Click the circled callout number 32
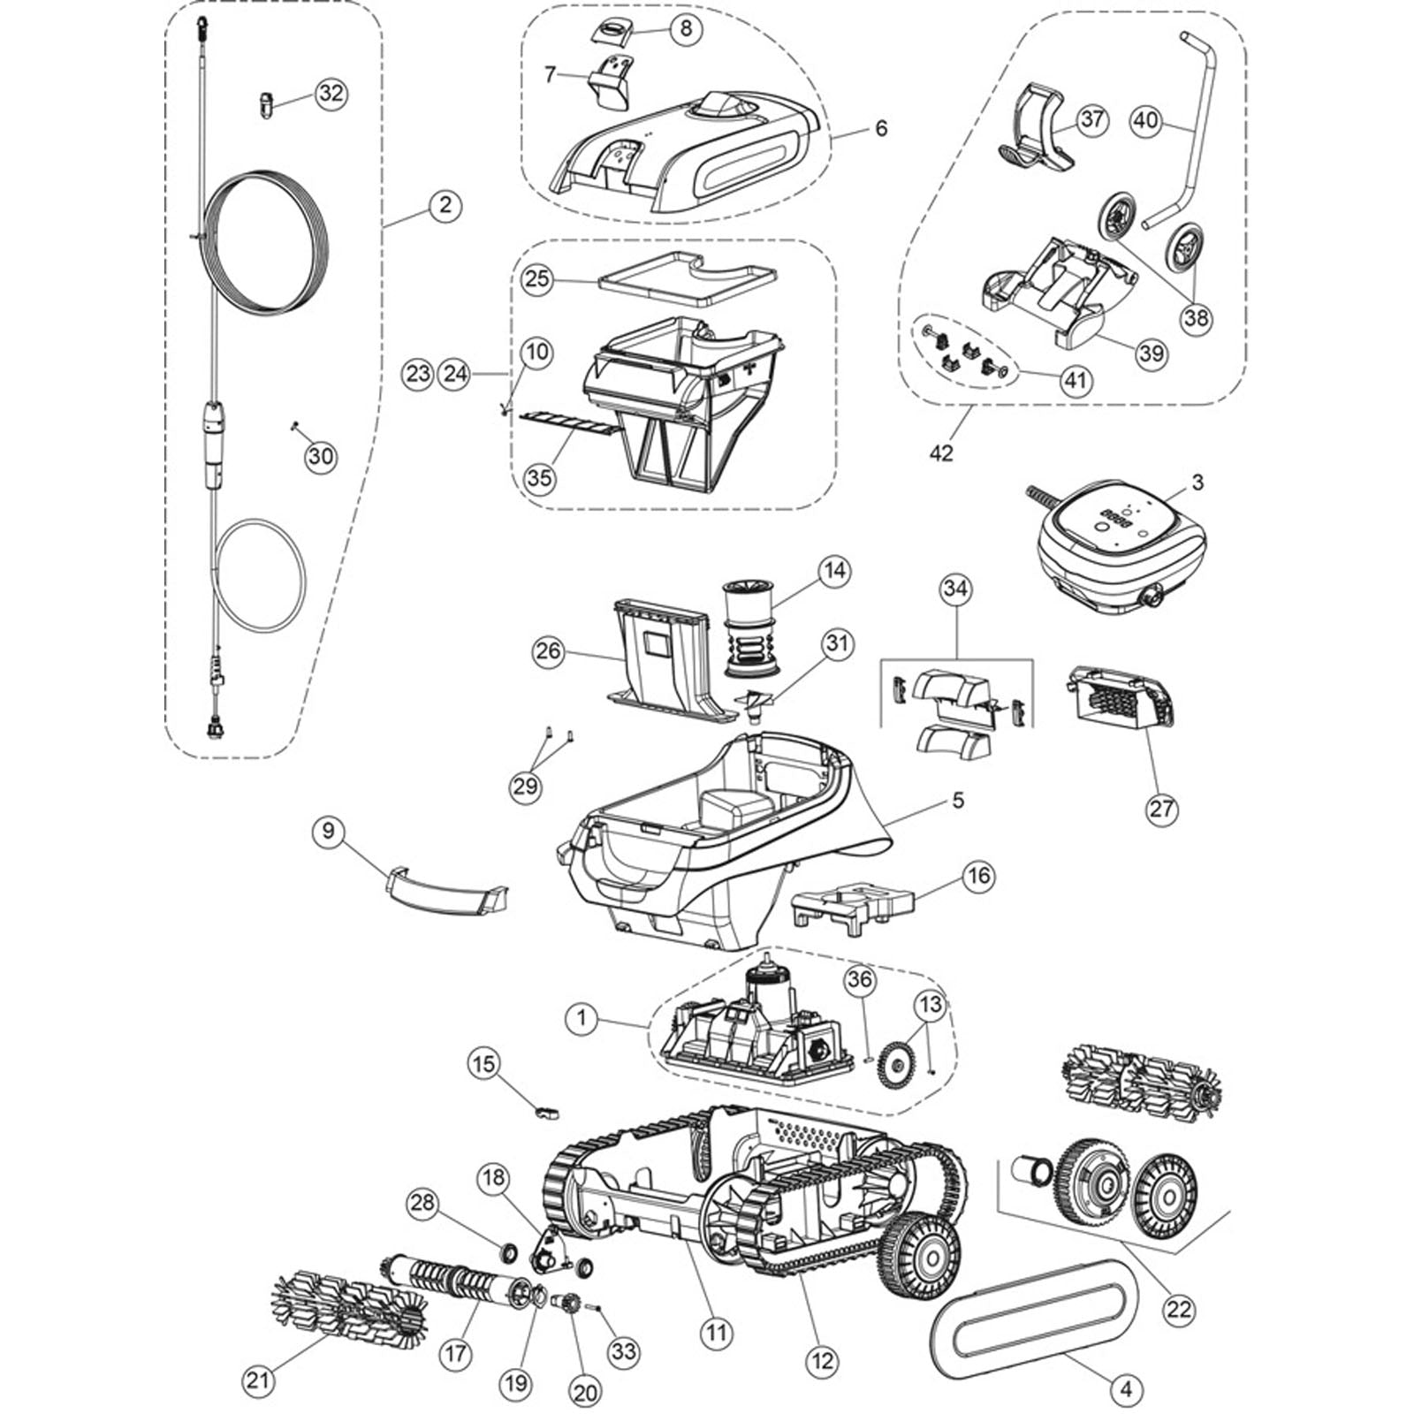(x=331, y=94)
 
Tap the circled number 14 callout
(x=833, y=571)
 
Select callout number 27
(x=1161, y=808)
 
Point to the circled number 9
(x=329, y=832)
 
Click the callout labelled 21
(x=258, y=1380)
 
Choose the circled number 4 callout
(x=1125, y=1389)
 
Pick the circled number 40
(x=1146, y=120)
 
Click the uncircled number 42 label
(x=941, y=452)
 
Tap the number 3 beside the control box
(x=1197, y=483)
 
